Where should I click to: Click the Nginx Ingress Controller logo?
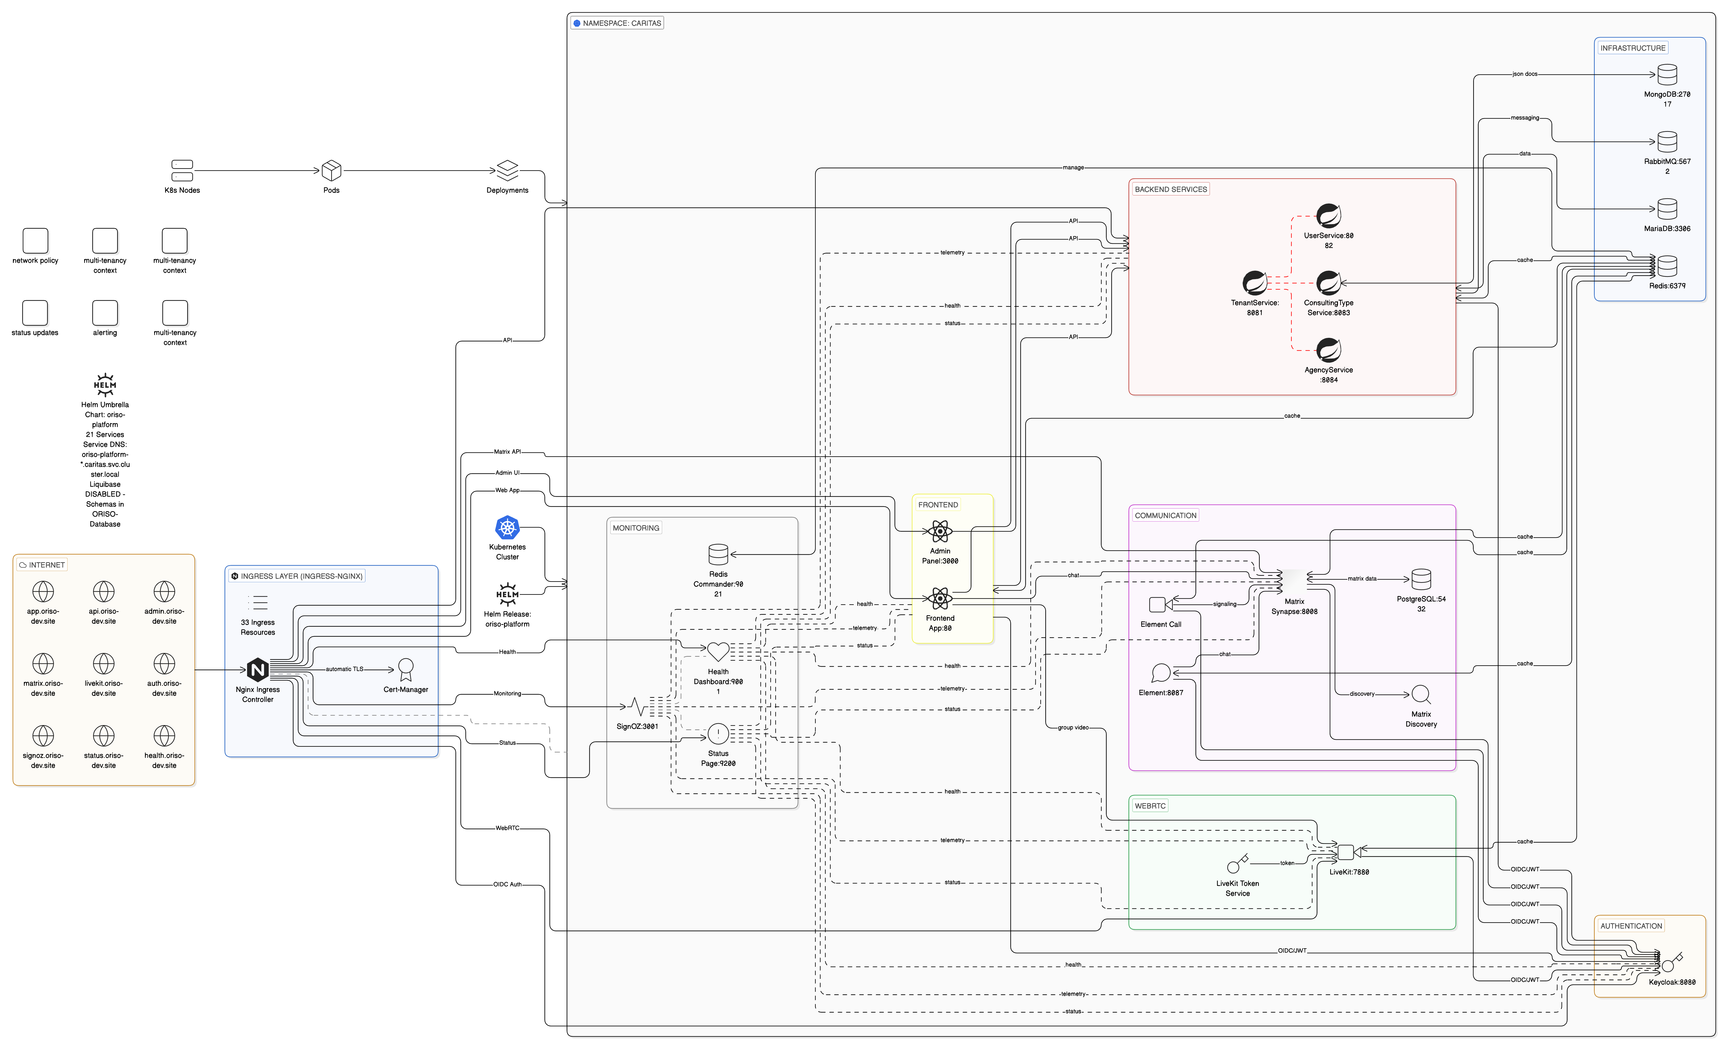257,670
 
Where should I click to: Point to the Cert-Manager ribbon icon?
405,669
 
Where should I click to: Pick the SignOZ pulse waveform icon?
637,706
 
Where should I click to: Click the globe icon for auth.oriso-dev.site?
164,664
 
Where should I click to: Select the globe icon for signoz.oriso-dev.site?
43,736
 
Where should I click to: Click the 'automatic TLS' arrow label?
344,669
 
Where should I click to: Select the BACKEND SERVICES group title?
1171,189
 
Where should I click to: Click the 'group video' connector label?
1073,727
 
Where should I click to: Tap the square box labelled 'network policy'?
35,241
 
